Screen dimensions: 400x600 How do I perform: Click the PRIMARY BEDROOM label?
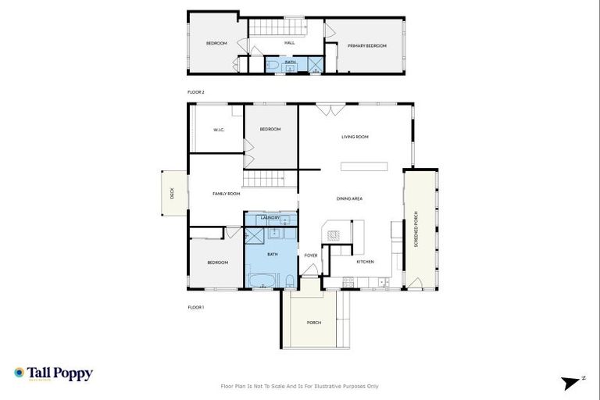(367, 46)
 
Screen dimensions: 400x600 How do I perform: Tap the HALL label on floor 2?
(289, 43)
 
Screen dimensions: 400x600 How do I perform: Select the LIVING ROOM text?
(355, 137)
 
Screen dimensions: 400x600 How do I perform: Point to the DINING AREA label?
(349, 199)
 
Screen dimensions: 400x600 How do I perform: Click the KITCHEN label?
(365, 262)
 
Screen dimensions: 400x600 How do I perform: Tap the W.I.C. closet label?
(219, 130)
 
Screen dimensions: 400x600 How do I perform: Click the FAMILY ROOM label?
(227, 193)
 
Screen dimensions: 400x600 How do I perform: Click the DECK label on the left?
(173, 193)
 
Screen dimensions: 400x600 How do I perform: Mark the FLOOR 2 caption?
(195, 92)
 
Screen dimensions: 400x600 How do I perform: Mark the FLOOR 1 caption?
(195, 307)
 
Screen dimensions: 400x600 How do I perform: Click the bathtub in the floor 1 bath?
(262, 280)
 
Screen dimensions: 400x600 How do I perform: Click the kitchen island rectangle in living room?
(363, 166)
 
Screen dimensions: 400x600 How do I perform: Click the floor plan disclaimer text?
(300, 386)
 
